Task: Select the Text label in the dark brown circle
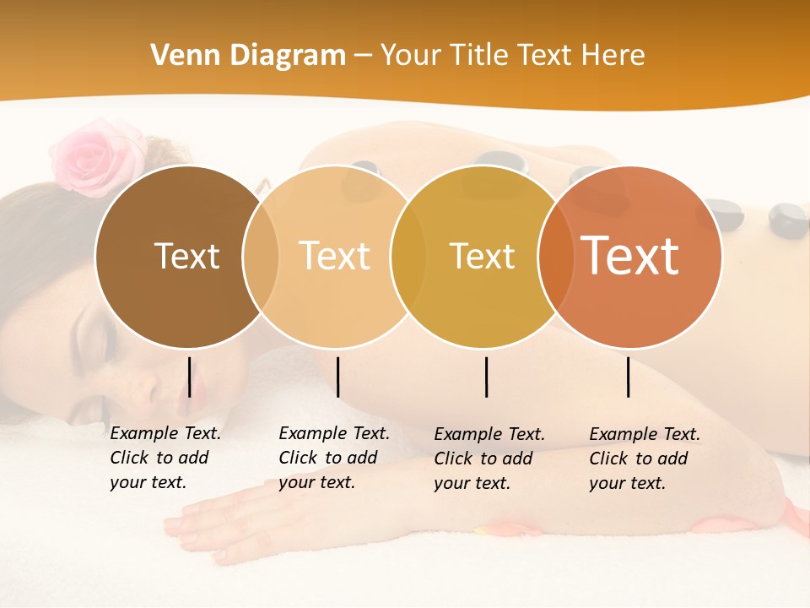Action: coord(186,256)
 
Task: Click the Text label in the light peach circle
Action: coord(335,256)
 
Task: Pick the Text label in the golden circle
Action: coord(482,256)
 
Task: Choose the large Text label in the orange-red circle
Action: coord(630,255)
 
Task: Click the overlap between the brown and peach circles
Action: coord(261,256)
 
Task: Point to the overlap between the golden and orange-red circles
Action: coord(556,257)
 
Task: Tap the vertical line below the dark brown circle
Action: coord(189,377)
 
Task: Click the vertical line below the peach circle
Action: coord(337,377)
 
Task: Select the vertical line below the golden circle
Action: coord(486,377)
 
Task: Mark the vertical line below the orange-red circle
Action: coord(628,377)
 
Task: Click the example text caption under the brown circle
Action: coord(165,458)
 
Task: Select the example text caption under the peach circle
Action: coord(334,458)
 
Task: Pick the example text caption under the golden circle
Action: coord(489,459)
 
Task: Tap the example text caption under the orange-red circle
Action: coord(645,459)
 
